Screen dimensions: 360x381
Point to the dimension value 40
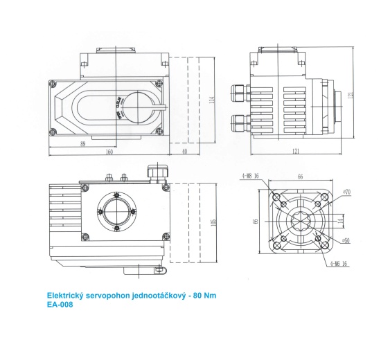coord(184,152)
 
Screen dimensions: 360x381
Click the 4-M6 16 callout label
coord(339,264)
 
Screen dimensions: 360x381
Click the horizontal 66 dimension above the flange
coord(300,177)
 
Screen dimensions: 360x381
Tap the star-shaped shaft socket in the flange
coord(300,221)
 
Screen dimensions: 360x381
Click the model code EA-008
coord(60,303)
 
